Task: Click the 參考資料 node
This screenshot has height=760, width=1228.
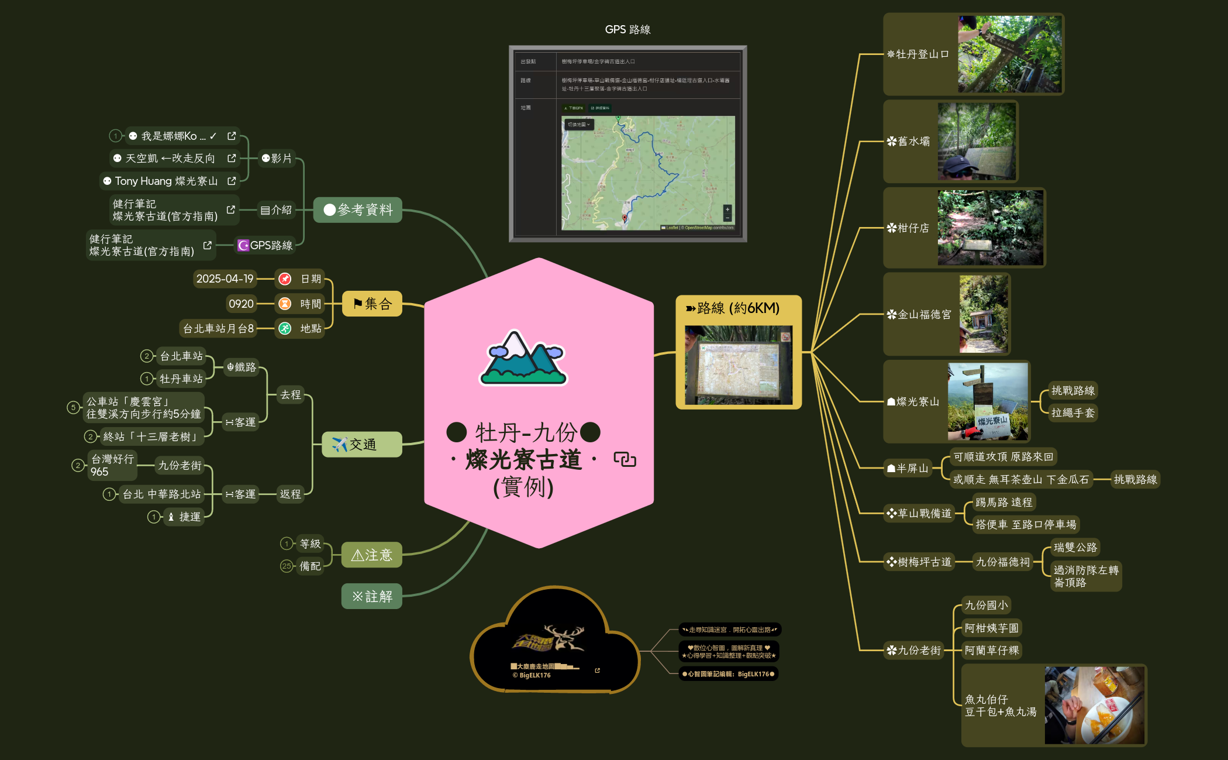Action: click(x=358, y=210)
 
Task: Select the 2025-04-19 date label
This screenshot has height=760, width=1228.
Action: click(x=225, y=279)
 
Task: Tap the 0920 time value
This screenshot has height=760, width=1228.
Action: click(x=241, y=304)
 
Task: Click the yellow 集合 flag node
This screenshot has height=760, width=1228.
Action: click(x=372, y=304)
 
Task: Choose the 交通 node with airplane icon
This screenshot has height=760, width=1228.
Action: click(x=361, y=445)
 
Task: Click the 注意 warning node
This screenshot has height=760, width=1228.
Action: click(x=372, y=555)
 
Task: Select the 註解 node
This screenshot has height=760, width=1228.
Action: click(x=372, y=596)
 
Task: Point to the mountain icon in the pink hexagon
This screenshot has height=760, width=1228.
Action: click(x=523, y=358)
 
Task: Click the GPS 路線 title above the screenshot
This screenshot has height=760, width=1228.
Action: click(x=627, y=29)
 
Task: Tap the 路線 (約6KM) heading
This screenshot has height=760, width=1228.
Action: click(x=738, y=308)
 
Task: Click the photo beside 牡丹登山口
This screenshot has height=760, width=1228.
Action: click(x=1009, y=54)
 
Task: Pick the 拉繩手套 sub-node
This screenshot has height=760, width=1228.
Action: click(x=1072, y=413)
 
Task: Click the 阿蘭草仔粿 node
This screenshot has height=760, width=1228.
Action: click(x=992, y=651)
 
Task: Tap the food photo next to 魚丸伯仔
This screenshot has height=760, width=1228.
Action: click(x=1094, y=706)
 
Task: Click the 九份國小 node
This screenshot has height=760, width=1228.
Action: click(x=986, y=606)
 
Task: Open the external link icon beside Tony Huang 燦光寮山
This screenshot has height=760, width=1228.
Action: click(x=232, y=181)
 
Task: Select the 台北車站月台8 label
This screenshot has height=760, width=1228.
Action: click(x=218, y=329)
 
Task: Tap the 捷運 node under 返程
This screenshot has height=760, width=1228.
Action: click(x=185, y=517)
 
